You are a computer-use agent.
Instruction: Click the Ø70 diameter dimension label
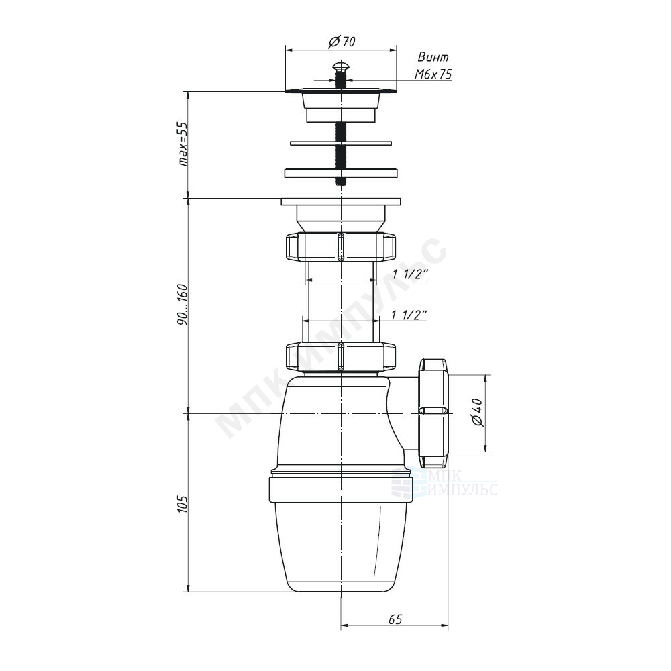pos(342,42)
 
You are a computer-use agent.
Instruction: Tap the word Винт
pos(433,57)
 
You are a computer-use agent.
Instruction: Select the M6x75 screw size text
pos(433,74)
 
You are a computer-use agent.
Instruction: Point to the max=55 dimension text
pos(183,144)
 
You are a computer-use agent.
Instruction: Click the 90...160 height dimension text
pos(183,304)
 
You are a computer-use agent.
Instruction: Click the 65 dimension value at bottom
pos(395,619)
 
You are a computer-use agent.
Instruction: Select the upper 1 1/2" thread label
pos(411,274)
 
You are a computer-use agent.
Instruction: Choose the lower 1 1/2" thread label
pos(409,315)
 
